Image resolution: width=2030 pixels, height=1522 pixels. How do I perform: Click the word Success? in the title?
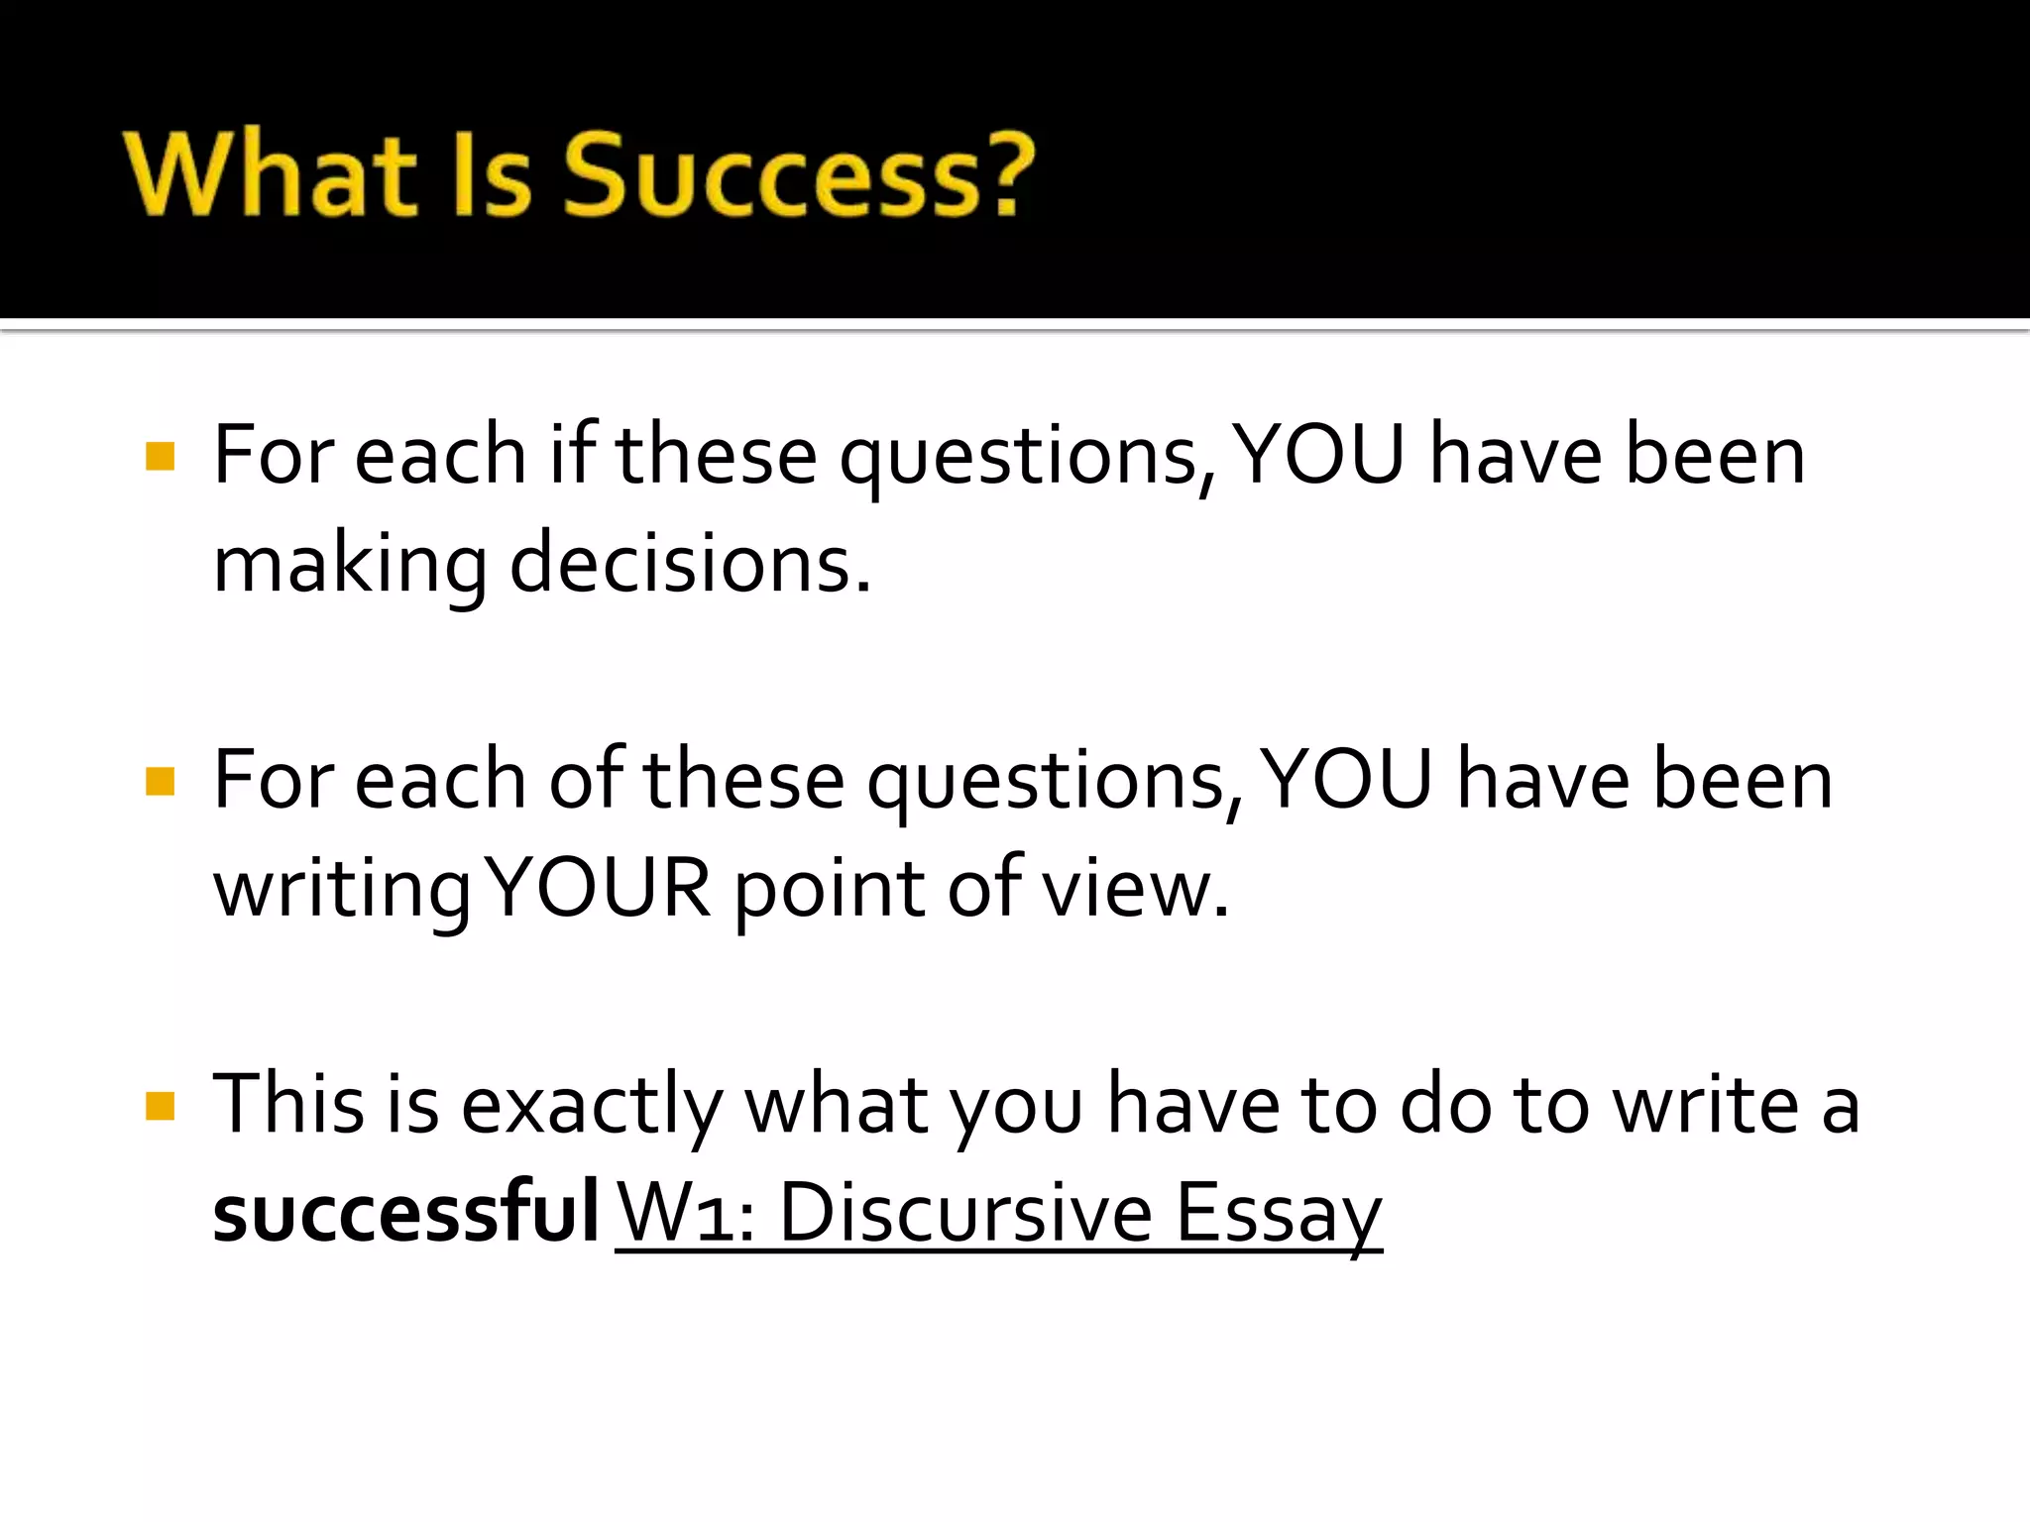799,176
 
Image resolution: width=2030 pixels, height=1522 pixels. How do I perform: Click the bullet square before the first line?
160,457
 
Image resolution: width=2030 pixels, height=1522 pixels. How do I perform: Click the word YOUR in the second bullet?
600,888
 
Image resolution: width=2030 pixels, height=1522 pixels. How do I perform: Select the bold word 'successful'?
405,1212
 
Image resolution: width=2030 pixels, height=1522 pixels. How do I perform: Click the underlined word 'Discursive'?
965,1213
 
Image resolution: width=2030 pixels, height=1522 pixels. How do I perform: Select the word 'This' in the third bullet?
288,1104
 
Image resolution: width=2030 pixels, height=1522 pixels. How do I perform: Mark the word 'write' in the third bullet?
1706,1104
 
